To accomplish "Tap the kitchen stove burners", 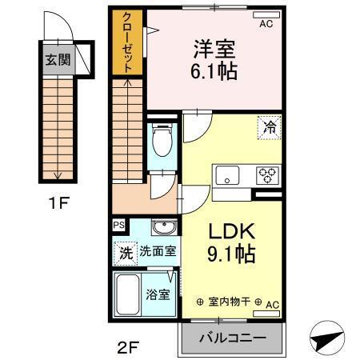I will tap(266, 175).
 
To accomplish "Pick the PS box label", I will tap(118, 226).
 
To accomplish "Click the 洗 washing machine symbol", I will tap(126, 251).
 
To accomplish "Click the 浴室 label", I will tap(158, 294).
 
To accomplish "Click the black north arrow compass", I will tap(329, 341).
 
